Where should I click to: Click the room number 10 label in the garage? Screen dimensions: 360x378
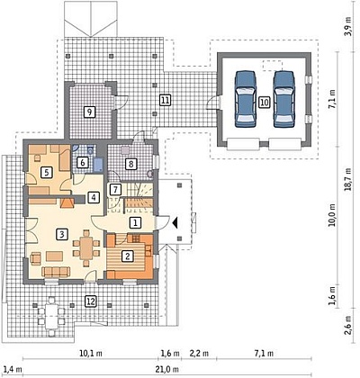click(x=264, y=103)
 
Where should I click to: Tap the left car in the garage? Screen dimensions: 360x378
click(x=246, y=99)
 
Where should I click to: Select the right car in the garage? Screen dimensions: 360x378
click(x=283, y=99)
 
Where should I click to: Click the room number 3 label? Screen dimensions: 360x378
click(x=62, y=234)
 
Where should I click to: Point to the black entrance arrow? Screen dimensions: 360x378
click(x=175, y=223)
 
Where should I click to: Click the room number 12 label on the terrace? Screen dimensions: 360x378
click(x=91, y=301)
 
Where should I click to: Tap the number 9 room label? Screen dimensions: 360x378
click(x=89, y=112)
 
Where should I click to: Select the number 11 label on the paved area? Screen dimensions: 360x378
click(x=165, y=100)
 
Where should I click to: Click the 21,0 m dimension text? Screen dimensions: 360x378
click(x=167, y=369)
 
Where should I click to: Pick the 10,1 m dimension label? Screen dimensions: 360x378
click(x=91, y=354)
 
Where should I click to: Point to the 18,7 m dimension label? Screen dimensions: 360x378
click(x=347, y=179)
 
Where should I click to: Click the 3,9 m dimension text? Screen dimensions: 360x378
click(x=347, y=26)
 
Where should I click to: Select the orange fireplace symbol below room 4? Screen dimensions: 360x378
click(x=67, y=202)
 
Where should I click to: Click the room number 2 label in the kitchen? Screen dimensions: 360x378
click(x=128, y=256)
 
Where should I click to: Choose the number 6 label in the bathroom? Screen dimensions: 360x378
click(x=83, y=163)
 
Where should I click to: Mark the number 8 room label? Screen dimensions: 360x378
click(x=130, y=164)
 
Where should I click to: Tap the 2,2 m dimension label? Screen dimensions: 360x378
click(x=199, y=354)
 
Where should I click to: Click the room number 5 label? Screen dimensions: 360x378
click(x=46, y=172)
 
